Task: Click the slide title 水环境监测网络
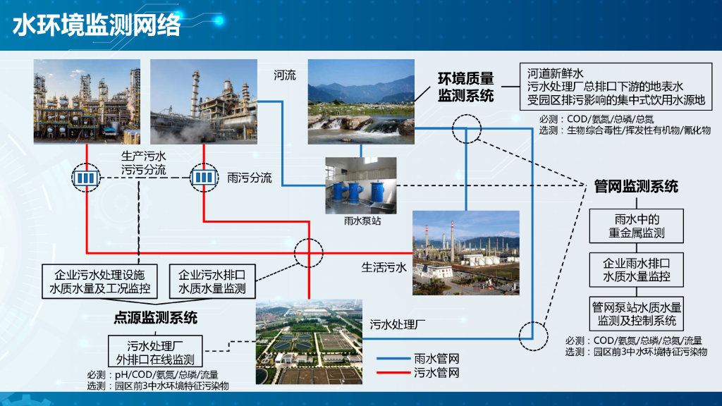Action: [97, 25]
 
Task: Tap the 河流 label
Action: [285, 75]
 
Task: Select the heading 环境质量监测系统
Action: [466, 87]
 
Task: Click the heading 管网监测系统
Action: [636, 186]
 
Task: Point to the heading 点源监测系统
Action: [156, 317]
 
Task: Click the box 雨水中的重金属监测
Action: [637, 225]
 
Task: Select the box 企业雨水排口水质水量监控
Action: [637, 269]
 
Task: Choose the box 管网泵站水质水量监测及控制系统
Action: [637, 314]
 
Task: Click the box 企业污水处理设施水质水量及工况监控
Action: [99, 281]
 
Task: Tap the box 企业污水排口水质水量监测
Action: [212, 281]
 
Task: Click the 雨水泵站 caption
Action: [360, 221]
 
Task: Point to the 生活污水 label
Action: [384, 267]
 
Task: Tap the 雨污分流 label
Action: [250, 178]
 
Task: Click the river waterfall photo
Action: [361, 101]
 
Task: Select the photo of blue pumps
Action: [360, 185]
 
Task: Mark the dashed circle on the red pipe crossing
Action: [308, 252]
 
